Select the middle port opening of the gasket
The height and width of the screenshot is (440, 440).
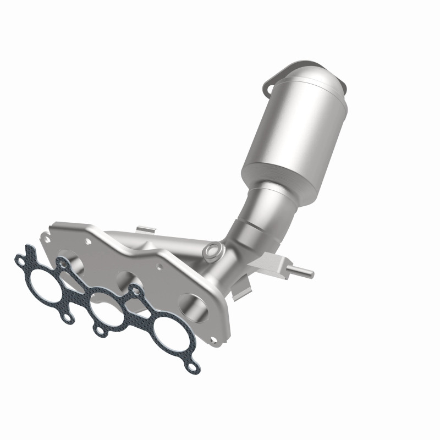(106, 310)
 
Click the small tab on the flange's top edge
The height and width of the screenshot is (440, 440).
(142, 227)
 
